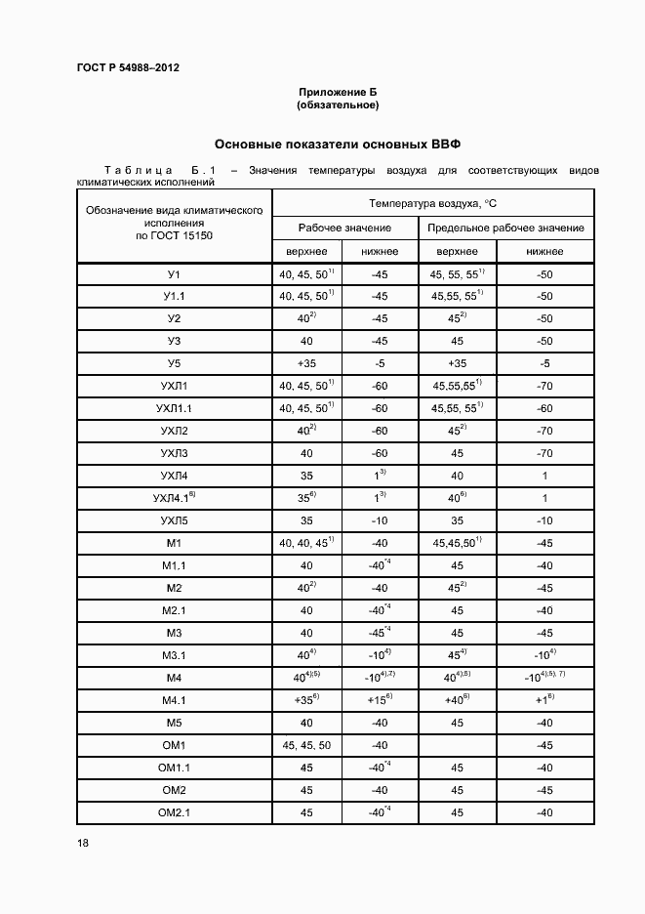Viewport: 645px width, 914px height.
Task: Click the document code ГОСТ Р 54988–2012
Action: pos(128,67)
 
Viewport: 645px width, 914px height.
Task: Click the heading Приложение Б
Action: pos(338,92)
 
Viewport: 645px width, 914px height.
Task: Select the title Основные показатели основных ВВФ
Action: pos(338,144)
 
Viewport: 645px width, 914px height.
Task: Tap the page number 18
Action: pos(83,843)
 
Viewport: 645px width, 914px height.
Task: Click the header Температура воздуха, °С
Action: pos(433,203)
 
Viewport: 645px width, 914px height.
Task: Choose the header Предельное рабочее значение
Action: pos(506,228)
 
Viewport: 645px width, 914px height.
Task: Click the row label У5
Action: pos(174,363)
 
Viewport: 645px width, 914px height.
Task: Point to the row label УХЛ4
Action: pos(174,476)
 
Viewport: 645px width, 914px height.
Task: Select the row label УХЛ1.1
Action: pos(174,408)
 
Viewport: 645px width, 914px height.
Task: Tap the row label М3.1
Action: pos(174,655)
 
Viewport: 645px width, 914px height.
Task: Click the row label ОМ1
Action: pos(174,745)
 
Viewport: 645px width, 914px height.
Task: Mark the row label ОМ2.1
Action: pos(174,812)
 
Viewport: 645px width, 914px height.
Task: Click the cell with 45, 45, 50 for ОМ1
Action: pos(306,745)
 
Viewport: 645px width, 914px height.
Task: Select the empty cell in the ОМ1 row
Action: pos(458,745)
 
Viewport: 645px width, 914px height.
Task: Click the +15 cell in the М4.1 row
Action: pos(380,700)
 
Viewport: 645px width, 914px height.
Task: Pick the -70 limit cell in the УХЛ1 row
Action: pos(544,386)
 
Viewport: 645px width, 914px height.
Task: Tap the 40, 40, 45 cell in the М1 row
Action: pos(306,543)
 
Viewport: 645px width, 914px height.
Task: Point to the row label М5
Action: pos(174,723)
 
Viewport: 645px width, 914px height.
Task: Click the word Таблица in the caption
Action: pos(139,171)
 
